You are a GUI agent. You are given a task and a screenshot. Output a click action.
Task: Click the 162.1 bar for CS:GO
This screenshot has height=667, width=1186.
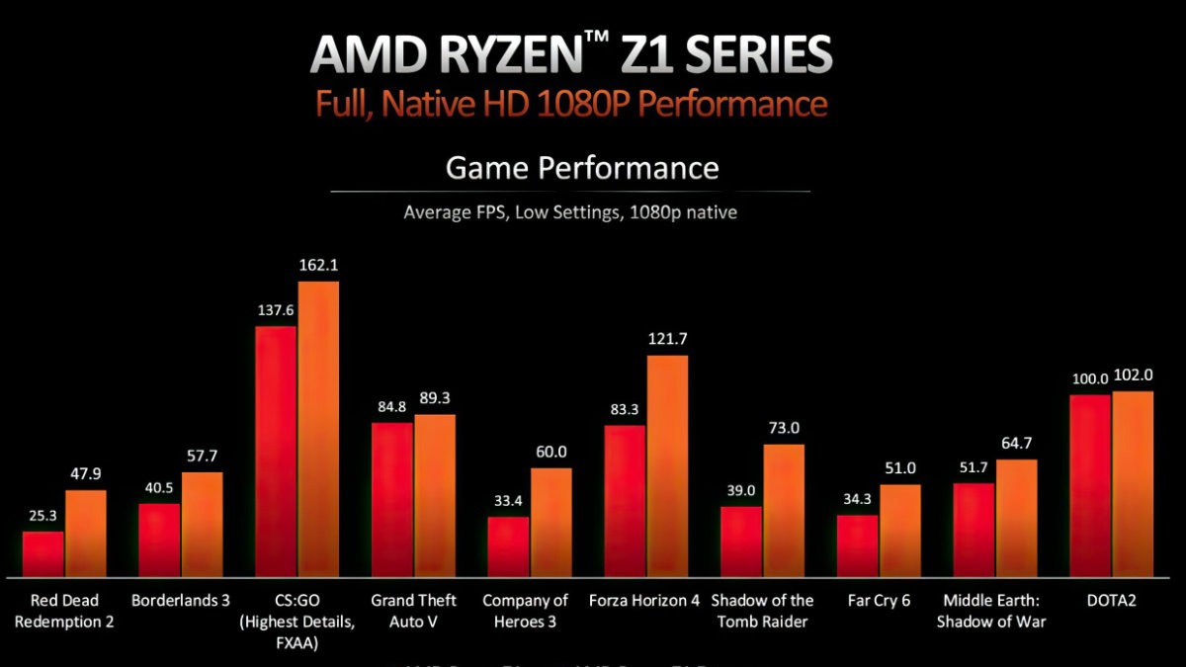tap(318, 429)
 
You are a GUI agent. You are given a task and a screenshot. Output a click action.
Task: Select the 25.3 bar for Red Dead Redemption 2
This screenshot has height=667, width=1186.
tap(43, 554)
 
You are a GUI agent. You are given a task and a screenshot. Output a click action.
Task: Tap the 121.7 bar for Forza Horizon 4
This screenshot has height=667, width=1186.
tap(667, 465)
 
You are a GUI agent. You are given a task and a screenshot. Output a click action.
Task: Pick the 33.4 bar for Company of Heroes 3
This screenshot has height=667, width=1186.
tap(508, 546)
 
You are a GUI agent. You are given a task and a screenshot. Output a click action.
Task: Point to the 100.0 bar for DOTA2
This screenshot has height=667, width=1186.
tap(1090, 485)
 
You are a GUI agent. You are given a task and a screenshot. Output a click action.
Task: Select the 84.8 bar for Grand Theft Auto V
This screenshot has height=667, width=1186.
tap(392, 499)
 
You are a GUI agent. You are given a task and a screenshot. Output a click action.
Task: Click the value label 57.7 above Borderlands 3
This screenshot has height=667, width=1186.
tap(202, 458)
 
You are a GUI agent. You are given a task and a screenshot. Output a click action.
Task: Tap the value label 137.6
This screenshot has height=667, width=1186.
tap(276, 310)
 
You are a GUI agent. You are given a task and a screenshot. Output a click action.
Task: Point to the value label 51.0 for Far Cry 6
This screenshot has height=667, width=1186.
tap(900, 468)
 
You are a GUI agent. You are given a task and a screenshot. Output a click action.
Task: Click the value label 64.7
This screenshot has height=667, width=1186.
tap(1017, 444)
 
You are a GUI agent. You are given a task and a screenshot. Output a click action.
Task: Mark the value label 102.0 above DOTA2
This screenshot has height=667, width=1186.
tap(1133, 375)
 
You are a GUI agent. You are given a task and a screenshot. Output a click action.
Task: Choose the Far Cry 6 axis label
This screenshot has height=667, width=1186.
tap(879, 601)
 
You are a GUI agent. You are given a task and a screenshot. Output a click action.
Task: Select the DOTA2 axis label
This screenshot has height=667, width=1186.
tap(1111, 601)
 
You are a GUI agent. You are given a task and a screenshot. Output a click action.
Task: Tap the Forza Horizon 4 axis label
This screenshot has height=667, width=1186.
tap(643, 601)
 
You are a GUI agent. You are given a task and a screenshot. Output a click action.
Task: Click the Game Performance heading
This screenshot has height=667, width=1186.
tap(582, 167)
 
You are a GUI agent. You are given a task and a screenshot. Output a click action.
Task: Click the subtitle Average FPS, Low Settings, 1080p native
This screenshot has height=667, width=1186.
tap(570, 211)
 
